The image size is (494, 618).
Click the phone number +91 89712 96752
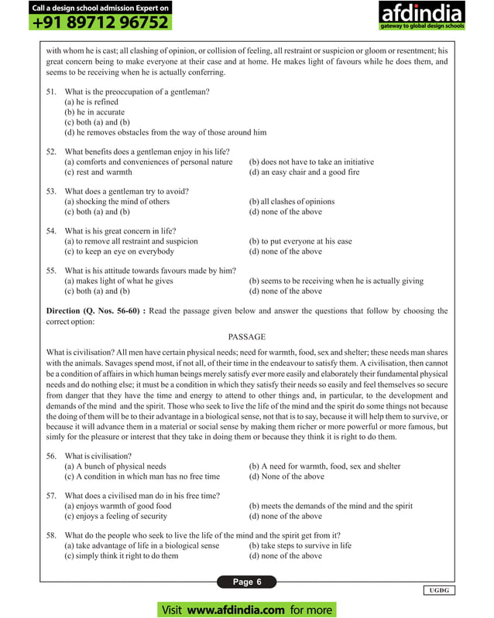coord(101,23)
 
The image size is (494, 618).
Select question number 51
coord(51,92)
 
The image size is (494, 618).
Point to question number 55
coord(51,271)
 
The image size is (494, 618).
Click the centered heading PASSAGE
coord(247,337)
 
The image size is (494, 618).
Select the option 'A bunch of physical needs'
coord(115,466)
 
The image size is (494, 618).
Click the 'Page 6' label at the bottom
coord(248,582)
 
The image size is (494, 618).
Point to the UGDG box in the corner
coord(438,590)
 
